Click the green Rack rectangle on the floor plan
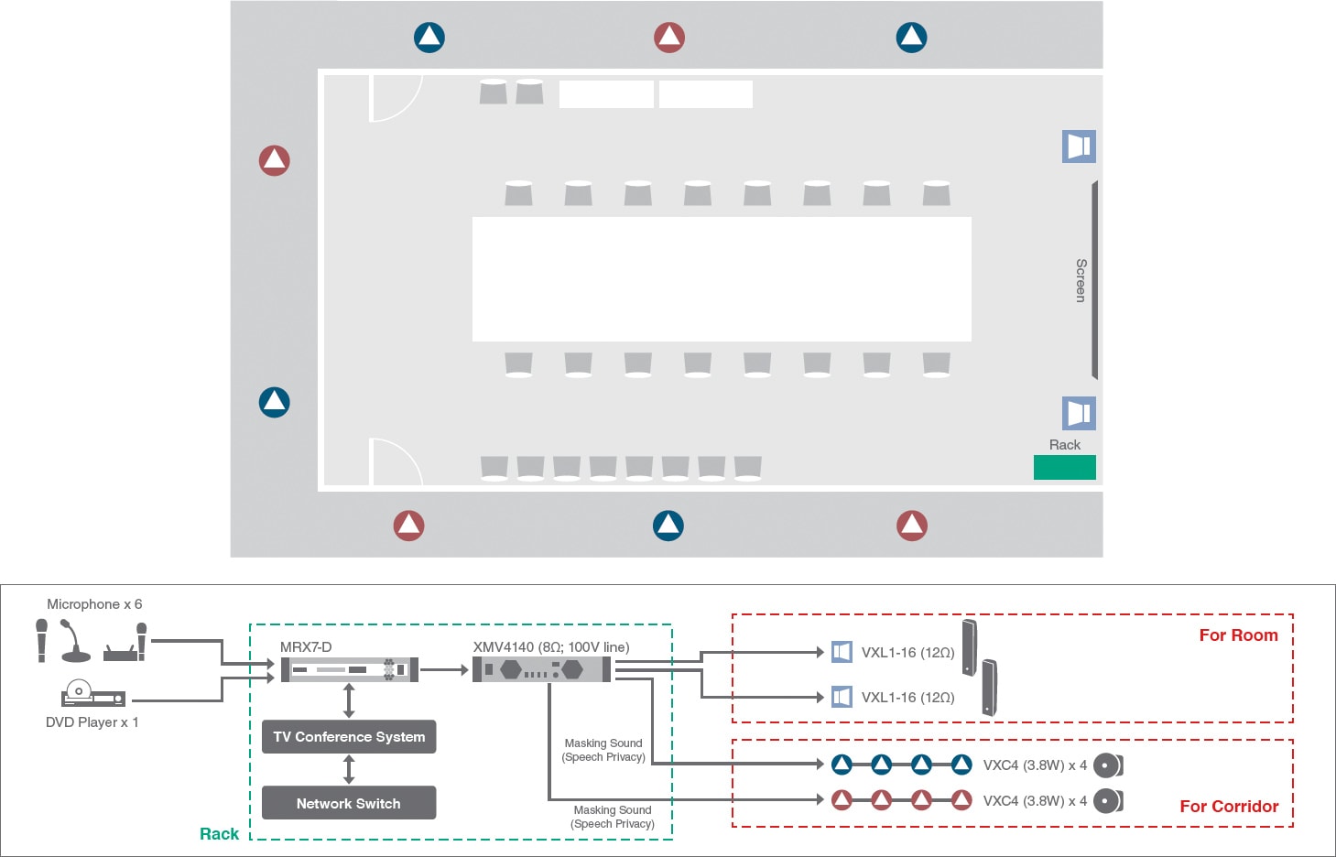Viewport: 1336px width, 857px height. tap(1064, 467)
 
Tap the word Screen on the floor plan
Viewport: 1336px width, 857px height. tap(1081, 280)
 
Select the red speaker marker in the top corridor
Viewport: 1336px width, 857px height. tap(669, 38)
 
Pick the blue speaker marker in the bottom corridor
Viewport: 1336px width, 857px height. tap(668, 525)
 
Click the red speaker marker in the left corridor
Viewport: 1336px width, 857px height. tap(274, 160)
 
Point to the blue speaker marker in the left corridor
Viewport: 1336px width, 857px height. tap(274, 402)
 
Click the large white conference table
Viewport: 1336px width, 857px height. tap(722, 279)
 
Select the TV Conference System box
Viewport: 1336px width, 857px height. tap(349, 736)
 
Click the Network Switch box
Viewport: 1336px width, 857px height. tap(349, 803)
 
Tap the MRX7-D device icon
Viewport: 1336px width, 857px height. tap(349, 670)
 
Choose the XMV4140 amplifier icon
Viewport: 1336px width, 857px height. tap(542, 670)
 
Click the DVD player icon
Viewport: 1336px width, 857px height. tap(92, 695)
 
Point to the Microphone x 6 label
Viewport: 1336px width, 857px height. tap(94, 604)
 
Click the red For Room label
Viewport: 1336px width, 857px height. tap(1238, 635)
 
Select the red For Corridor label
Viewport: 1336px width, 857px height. tap(1228, 807)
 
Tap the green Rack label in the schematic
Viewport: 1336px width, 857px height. tap(219, 834)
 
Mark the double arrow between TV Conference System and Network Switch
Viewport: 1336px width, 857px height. tap(349, 769)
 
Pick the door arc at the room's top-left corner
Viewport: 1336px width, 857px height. tap(396, 98)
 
